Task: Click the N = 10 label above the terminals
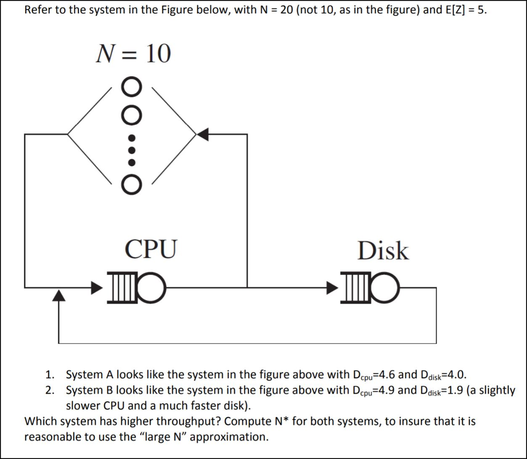[133, 54]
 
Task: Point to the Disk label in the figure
[383, 251]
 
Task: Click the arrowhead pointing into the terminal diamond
[203, 135]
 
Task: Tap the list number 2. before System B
[50, 390]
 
